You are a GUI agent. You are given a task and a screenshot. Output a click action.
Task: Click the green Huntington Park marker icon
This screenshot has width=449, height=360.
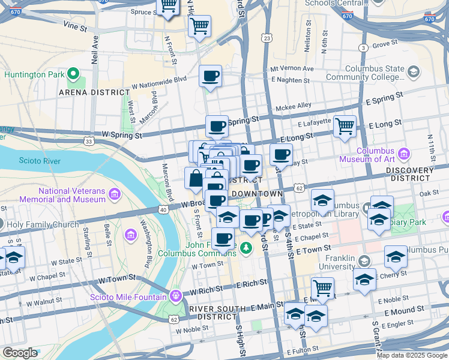pyautogui.click(x=74, y=74)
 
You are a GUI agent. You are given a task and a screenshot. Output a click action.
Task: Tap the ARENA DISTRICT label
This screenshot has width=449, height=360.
pyautogui.click(x=94, y=92)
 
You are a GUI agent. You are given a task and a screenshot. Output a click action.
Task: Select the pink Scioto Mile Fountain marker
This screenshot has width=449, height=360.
pyautogui.click(x=175, y=295)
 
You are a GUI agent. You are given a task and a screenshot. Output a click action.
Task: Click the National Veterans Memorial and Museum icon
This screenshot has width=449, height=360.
pyautogui.click(x=114, y=194)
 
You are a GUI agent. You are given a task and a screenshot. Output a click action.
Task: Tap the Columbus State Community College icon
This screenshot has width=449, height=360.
pyautogui.click(x=412, y=72)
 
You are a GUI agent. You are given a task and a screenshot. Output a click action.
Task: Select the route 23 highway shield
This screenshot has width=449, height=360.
pyautogui.click(x=267, y=38)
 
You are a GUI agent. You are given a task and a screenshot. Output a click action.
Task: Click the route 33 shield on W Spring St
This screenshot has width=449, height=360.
pyautogui.click(x=89, y=142)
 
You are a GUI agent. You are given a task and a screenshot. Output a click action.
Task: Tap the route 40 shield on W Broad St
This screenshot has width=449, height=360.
pyautogui.click(x=163, y=209)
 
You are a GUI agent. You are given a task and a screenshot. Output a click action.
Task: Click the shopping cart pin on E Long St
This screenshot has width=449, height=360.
pyautogui.click(x=345, y=127)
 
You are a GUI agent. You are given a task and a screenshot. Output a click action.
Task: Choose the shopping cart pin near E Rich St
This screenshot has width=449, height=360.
pyautogui.click(x=322, y=288)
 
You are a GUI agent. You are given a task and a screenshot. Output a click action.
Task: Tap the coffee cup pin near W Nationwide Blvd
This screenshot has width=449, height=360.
pyautogui.click(x=210, y=76)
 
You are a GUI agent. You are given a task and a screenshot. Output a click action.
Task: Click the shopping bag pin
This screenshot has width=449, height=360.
pyautogui.click(x=196, y=178)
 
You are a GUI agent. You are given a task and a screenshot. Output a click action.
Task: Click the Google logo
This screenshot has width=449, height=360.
pyautogui.click(x=20, y=352)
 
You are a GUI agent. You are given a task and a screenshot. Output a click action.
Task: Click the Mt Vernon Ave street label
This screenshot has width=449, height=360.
pyautogui.click(x=292, y=68)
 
